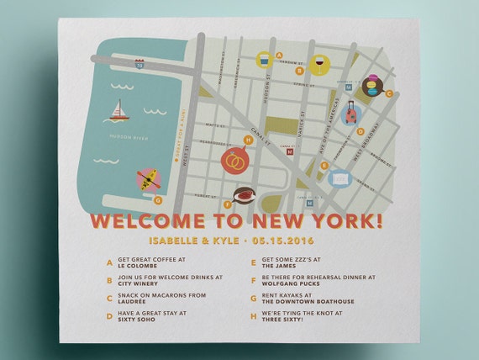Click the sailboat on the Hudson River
[x=119, y=110]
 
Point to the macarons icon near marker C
[x=371, y=84]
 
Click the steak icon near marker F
[x=243, y=196]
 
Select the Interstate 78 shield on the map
[x=139, y=62]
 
